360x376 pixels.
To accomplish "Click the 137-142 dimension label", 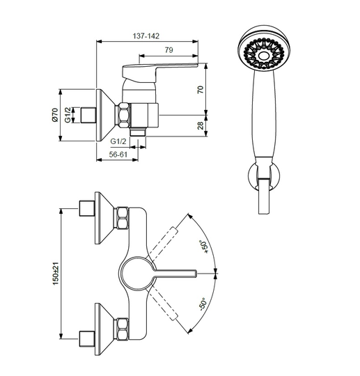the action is [x=146, y=36].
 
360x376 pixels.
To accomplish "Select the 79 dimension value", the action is [x=169, y=50].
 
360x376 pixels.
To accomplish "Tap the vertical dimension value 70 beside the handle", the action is [x=201, y=89].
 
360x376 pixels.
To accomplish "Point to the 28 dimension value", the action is [x=201, y=125].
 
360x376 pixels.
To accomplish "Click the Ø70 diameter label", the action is [x=55, y=115].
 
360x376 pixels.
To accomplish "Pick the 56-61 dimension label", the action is [x=118, y=155].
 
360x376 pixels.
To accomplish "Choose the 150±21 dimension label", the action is [x=56, y=274].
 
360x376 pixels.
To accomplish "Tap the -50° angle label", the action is [x=203, y=304].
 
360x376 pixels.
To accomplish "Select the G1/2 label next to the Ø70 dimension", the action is [x=68, y=115].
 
